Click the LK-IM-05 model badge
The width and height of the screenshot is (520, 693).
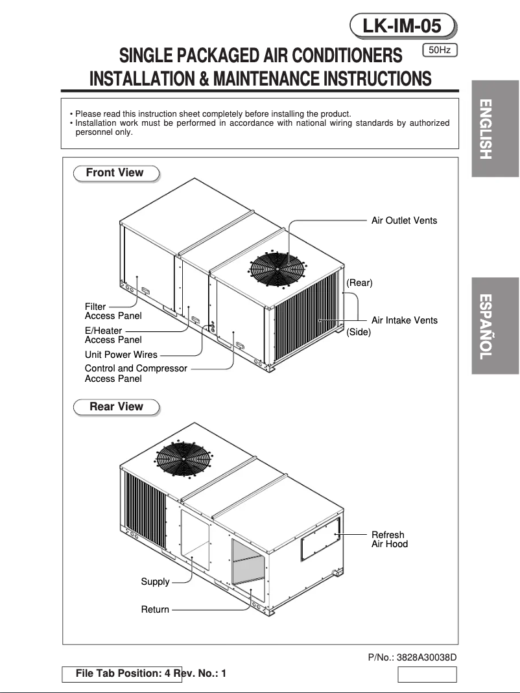[x=402, y=26]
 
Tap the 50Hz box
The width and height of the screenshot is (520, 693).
[x=440, y=50]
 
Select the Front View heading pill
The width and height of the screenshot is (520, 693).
[x=115, y=173]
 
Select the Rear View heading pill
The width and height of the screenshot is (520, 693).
[x=116, y=407]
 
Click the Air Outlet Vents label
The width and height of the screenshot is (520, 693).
[x=404, y=220]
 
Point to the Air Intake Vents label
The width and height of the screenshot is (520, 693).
[x=404, y=320]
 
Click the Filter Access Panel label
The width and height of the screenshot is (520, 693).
[x=113, y=311]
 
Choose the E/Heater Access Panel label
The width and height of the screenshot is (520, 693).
[x=113, y=335]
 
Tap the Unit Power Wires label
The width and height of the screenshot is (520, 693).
[x=121, y=355]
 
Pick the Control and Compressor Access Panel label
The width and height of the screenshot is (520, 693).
[x=136, y=373]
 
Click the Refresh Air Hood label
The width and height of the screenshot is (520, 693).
[x=389, y=539]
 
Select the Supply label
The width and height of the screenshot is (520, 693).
[x=155, y=581]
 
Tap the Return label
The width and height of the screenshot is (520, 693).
[x=155, y=609]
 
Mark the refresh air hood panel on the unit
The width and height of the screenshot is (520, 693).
[x=320, y=538]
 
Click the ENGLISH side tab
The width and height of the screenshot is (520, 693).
[x=495, y=129]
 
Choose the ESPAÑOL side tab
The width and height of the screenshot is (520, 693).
[x=495, y=326]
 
